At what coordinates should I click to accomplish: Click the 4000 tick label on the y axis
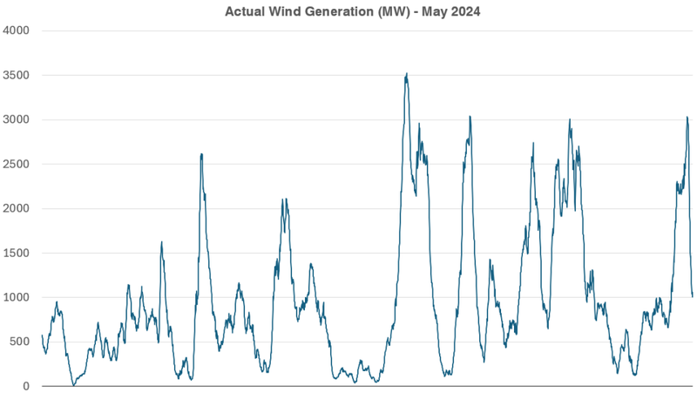pyautogui.click(x=16, y=30)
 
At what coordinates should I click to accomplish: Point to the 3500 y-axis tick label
pyautogui.click(x=16, y=75)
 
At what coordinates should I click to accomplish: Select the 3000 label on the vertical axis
pyautogui.click(x=16, y=119)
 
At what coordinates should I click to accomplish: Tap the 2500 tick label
pyautogui.click(x=16, y=164)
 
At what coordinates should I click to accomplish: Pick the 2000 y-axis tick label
pyautogui.click(x=16, y=208)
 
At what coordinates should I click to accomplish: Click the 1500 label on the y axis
pyautogui.click(x=16, y=253)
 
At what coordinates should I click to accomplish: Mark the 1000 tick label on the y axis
pyautogui.click(x=16, y=297)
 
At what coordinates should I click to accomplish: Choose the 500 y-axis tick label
pyautogui.click(x=19, y=342)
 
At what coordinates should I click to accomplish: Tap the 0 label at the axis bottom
pyautogui.click(x=26, y=386)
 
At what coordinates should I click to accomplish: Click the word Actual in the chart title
pyautogui.click(x=246, y=11)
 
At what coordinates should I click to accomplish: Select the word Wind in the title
pyautogui.click(x=285, y=11)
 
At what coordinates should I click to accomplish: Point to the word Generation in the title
pyautogui.click(x=338, y=11)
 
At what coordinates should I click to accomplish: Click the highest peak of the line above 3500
pyautogui.click(x=407, y=74)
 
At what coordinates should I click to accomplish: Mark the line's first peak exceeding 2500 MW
pyautogui.click(x=201, y=154)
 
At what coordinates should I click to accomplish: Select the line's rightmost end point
pyautogui.click(x=693, y=296)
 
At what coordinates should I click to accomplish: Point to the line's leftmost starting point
pyautogui.click(x=42, y=335)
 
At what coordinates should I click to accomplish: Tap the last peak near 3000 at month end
pyautogui.click(x=687, y=117)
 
